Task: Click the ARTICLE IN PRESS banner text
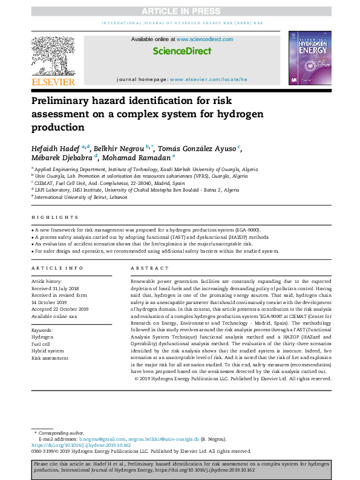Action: (180, 11)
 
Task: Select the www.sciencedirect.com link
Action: (205, 39)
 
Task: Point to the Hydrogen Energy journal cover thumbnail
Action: (309, 59)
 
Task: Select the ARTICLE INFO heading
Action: (57, 267)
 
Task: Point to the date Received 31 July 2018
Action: (56, 288)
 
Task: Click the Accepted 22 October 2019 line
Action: (60, 309)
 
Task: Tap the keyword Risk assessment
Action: (49, 358)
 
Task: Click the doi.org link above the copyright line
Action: (72, 445)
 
